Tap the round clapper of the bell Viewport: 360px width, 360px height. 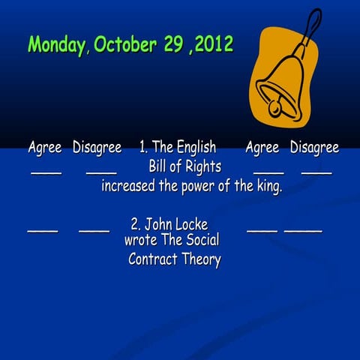[275, 109]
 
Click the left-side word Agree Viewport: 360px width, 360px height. [45, 148]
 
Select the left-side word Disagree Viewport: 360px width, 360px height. [97, 148]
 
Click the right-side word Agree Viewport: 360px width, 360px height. [262, 148]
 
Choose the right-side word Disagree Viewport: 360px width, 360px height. [314, 148]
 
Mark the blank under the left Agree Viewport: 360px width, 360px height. [46, 173]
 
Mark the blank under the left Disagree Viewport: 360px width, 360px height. [101, 173]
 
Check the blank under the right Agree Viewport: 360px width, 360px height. [268, 173]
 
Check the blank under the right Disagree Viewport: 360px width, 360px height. [316, 173]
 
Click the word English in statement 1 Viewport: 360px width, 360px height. [196, 148]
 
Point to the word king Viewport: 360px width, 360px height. [268, 187]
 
